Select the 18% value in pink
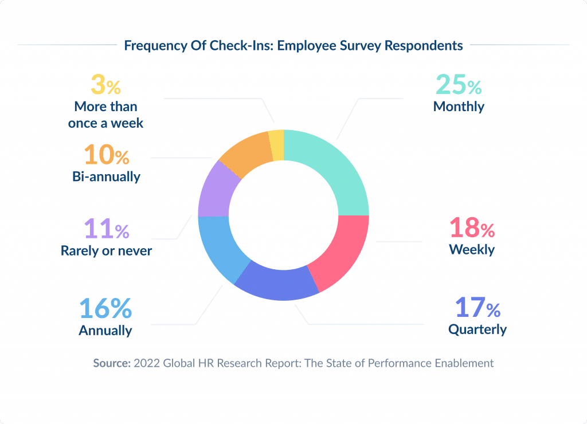pyautogui.click(x=471, y=228)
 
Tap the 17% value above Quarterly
pyautogui.click(x=478, y=308)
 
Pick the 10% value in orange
pyautogui.click(x=106, y=155)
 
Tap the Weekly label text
pyautogui.click(x=471, y=250)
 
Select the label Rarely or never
pyautogui.click(x=106, y=250)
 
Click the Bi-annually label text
pyautogui.click(x=106, y=176)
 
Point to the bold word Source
pyautogui.click(x=112, y=363)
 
